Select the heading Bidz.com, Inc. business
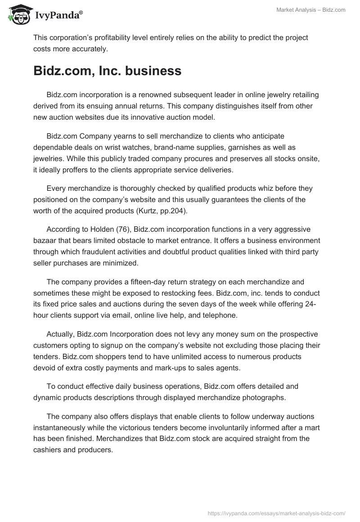click(x=107, y=71)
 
